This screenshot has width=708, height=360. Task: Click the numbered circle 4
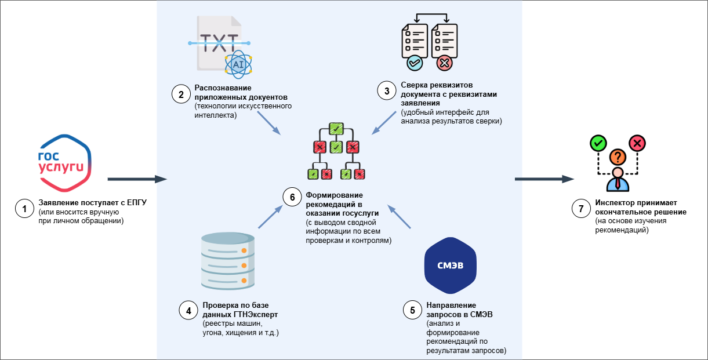tap(188, 310)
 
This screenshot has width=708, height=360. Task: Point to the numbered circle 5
tap(412, 310)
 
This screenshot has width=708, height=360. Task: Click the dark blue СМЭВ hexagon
tap(451, 267)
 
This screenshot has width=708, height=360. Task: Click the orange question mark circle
tap(618, 157)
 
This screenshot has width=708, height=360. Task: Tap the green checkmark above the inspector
tap(597, 142)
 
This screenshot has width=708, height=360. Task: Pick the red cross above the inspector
tap(637, 142)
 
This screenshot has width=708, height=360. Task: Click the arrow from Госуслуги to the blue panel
tap(137, 179)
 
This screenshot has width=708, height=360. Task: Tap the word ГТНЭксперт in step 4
tap(254, 314)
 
